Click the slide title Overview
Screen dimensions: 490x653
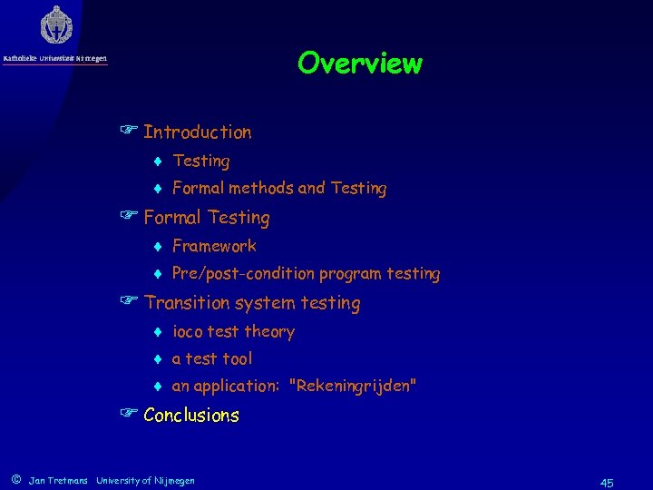tap(359, 64)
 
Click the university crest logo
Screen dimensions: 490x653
tap(56, 25)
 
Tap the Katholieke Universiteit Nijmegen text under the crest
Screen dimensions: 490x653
tap(54, 59)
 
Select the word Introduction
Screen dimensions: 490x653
tap(197, 132)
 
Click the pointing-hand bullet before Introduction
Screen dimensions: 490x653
tap(130, 132)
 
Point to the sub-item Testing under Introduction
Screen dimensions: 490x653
tap(200, 162)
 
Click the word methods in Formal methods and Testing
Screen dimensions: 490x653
tap(261, 189)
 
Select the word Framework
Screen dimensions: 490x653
tap(214, 246)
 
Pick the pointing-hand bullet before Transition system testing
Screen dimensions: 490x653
tap(130, 303)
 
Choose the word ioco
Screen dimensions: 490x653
tap(188, 332)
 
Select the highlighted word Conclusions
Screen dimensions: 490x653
tap(191, 416)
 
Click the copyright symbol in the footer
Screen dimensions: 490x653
tap(15, 479)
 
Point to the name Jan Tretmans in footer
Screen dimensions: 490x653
tap(58, 480)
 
